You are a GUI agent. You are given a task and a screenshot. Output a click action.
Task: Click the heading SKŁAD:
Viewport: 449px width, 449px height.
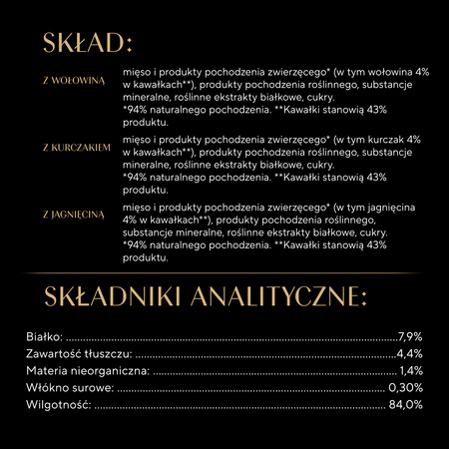pyautogui.click(x=88, y=43)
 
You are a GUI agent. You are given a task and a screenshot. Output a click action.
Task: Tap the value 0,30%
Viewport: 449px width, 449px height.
pyautogui.click(x=407, y=387)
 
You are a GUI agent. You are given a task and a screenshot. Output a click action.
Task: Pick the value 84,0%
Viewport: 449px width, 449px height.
pyautogui.click(x=407, y=404)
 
